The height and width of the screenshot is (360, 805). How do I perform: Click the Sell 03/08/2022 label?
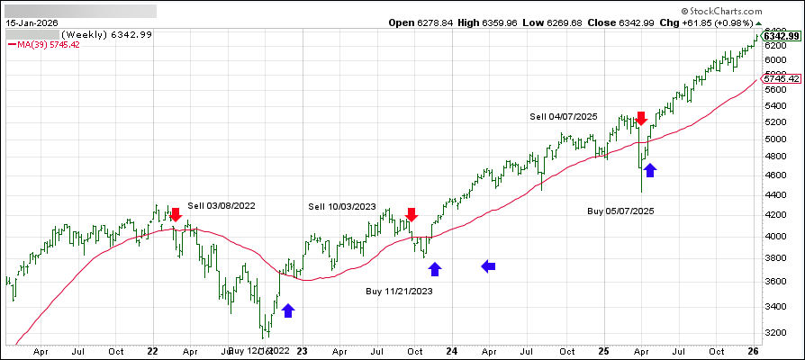[222, 206]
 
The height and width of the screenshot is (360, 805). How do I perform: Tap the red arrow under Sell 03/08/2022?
[176, 214]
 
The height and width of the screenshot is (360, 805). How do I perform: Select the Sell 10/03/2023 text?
[341, 207]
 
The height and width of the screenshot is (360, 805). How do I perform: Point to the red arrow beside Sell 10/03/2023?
[412, 214]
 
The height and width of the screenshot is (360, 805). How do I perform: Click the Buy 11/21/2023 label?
[400, 291]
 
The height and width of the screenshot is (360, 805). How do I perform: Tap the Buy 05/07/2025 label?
[621, 211]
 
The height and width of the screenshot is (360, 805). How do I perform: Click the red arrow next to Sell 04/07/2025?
[641, 118]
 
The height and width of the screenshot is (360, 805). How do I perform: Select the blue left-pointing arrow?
[488, 265]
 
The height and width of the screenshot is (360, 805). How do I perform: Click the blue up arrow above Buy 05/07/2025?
[650, 169]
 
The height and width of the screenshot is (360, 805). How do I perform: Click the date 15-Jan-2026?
[35, 22]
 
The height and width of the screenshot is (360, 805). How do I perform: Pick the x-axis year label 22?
[152, 353]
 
